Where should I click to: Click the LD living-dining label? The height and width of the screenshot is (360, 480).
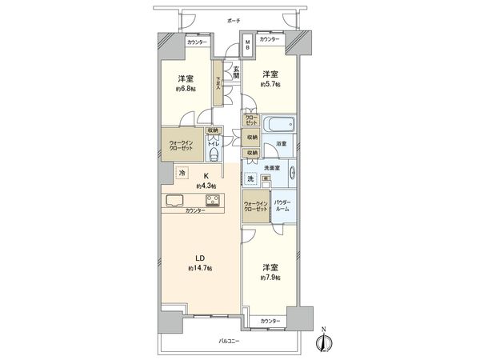coord(201,258)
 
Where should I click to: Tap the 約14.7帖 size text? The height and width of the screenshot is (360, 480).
coord(201,268)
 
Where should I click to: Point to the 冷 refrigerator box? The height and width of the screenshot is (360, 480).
coord(182,173)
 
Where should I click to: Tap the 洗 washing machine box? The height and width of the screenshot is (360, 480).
coord(250,179)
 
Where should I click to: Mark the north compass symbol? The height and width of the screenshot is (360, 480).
coord(323,340)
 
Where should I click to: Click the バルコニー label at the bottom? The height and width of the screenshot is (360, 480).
coord(231,342)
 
